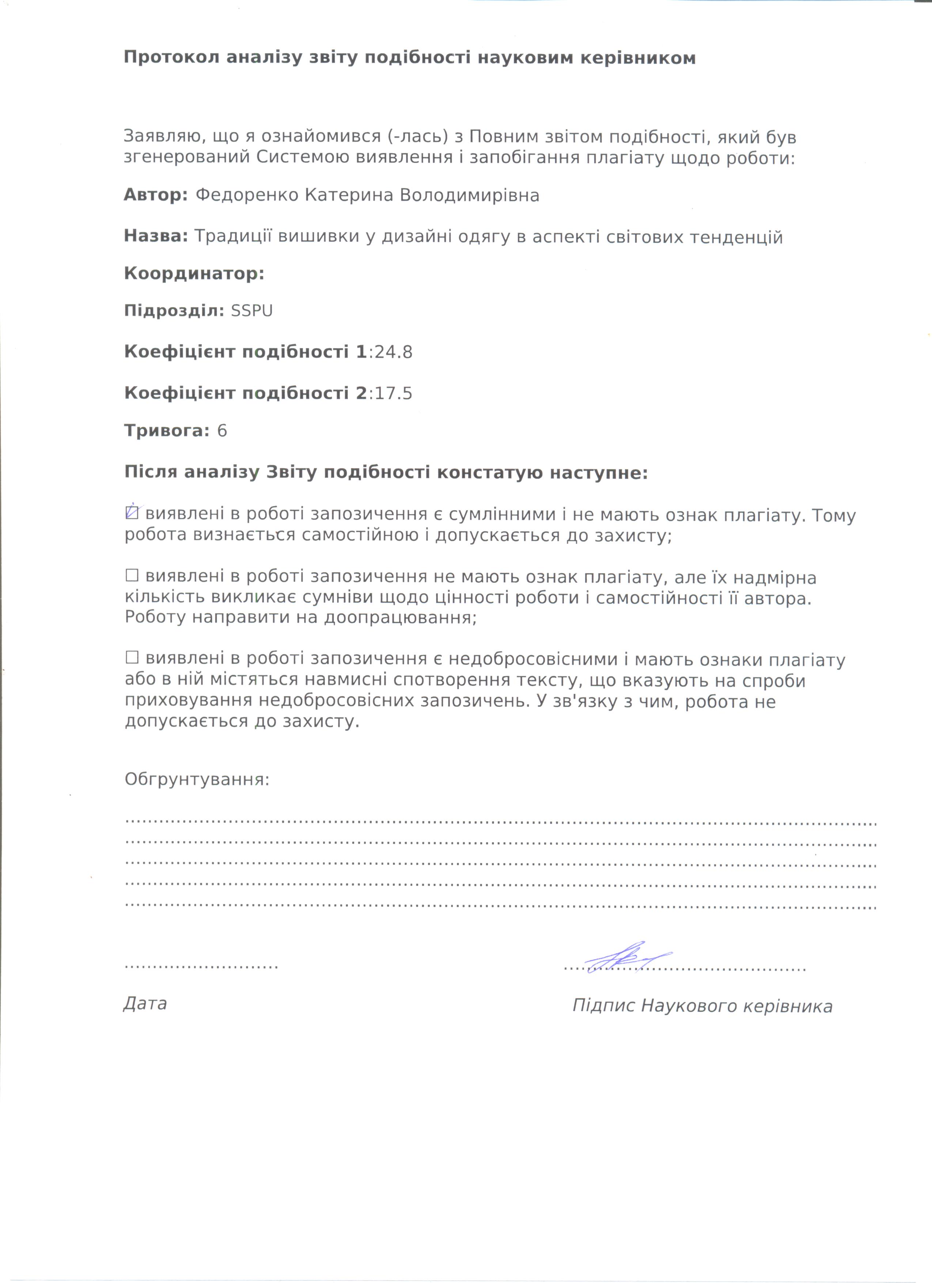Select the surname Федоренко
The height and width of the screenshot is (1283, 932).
pos(247,195)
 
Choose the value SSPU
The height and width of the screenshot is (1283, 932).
pos(252,311)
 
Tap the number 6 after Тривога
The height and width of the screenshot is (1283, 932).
pos(222,431)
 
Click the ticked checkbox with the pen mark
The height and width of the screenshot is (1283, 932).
pos(132,512)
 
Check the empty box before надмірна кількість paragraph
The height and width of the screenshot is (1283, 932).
pos(132,576)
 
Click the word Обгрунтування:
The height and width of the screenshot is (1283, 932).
pos(197,780)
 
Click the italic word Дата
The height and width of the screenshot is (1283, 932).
pos(145,1003)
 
